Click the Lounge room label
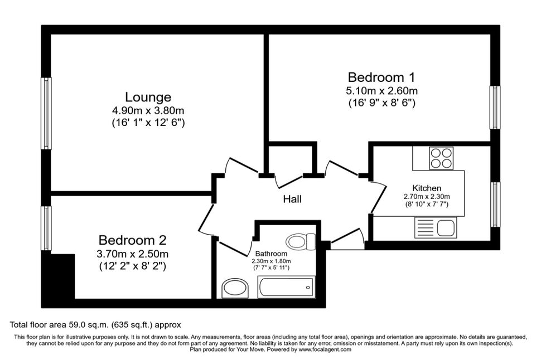(x=148, y=97)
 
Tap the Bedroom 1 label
(x=381, y=77)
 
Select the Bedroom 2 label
(x=133, y=240)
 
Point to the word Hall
(x=292, y=199)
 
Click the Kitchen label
(x=427, y=188)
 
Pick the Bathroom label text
(x=271, y=254)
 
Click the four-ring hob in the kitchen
(x=441, y=158)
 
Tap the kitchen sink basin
(x=446, y=227)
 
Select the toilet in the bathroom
(x=301, y=241)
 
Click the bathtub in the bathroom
(x=286, y=287)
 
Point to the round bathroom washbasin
(x=235, y=289)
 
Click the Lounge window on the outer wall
(x=46, y=114)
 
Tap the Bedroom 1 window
(x=495, y=108)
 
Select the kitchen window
(x=495, y=205)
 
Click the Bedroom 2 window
(x=46, y=228)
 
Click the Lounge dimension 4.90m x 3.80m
(x=148, y=111)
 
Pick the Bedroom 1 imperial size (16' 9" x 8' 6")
(x=381, y=103)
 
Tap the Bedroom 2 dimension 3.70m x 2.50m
(x=133, y=254)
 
